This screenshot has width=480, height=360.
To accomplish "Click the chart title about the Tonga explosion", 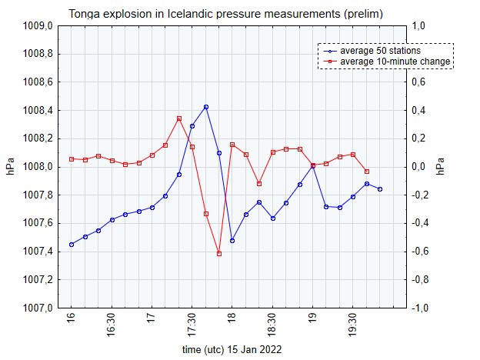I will click(225, 14).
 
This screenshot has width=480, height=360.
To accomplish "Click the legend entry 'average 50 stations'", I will click(380, 51).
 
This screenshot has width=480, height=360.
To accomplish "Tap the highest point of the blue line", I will click(206, 107).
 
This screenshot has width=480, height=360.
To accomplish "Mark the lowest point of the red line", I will click(219, 254).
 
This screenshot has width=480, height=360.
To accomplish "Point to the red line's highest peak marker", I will click(179, 118).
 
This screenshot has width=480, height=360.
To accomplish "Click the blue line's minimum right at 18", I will click(232, 240).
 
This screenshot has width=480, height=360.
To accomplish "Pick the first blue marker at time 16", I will click(72, 245).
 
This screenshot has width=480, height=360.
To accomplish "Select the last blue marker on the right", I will click(380, 189).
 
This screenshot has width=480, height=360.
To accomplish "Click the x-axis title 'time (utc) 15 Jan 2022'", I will click(232, 349).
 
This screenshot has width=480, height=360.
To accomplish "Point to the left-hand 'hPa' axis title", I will click(10, 167).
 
